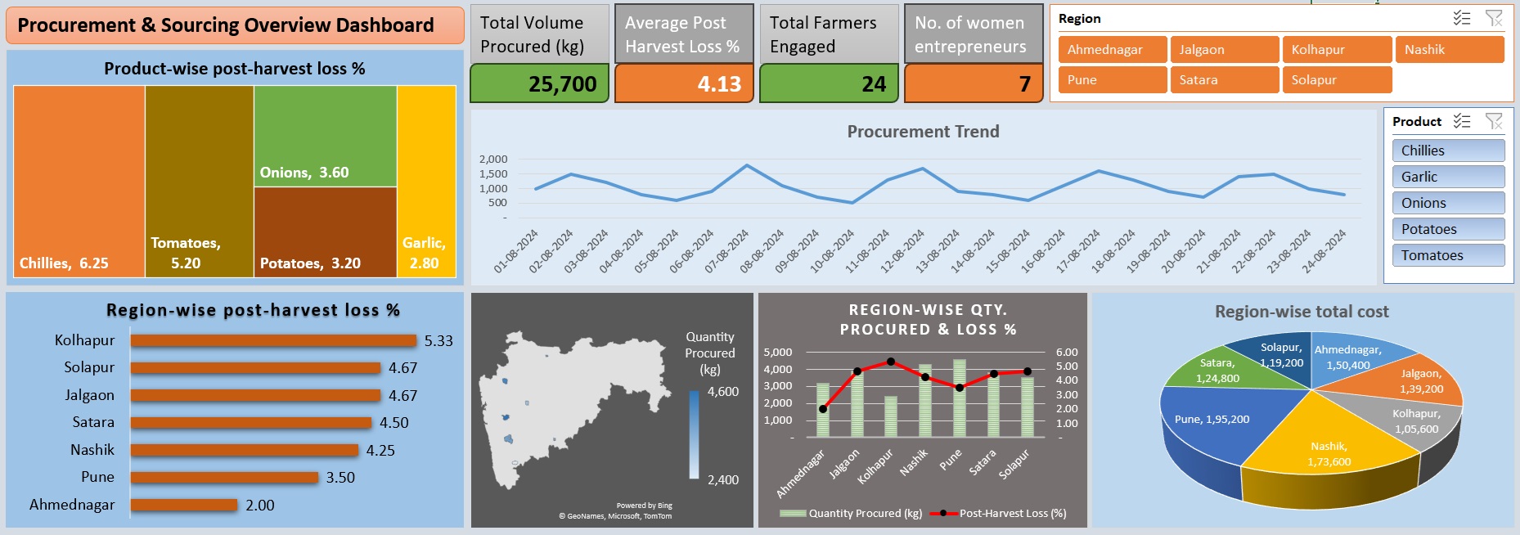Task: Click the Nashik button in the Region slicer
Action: [x=1449, y=50]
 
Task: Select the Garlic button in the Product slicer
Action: [x=1447, y=177]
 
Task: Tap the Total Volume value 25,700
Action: [x=562, y=84]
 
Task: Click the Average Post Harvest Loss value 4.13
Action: [x=718, y=84]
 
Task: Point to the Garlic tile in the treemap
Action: [x=425, y=180]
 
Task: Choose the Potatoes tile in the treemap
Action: [x=325, y=232]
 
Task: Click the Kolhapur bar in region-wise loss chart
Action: [x=273, y=341]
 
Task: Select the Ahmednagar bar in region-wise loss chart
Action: [x=184, y=506]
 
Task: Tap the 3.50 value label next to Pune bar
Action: [x=340, y=478]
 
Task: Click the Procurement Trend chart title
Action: [x=923, y=132]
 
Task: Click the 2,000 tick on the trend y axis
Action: [x=493, y=159]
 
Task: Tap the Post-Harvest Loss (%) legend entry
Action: [x=1012, y=514]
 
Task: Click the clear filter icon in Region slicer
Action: [x=1493, y=18]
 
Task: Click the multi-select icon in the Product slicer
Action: [x=1462, y=121]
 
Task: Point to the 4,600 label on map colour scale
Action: [x=723, y=392]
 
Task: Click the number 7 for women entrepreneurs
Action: [x=1024, y=84]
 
